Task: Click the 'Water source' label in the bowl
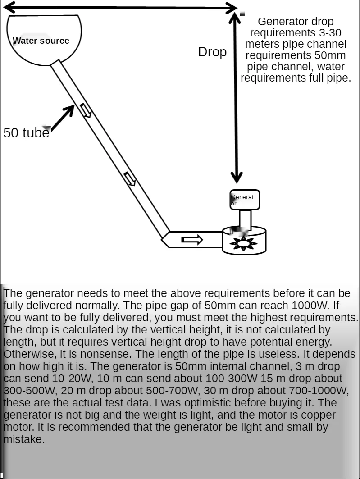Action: click(41, 41)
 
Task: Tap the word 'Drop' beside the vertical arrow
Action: click(212, 52)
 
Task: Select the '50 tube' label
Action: click(26, 133)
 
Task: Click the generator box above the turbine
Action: click(245, 200)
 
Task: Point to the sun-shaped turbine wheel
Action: click(243, 244)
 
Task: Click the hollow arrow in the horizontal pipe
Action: click(192, 240)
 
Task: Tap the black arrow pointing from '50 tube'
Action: click(62, 118)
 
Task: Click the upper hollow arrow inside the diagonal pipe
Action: click(86, 110)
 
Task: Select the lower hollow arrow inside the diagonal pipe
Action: click(130, 178)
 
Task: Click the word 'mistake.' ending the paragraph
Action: click(24, 439)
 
